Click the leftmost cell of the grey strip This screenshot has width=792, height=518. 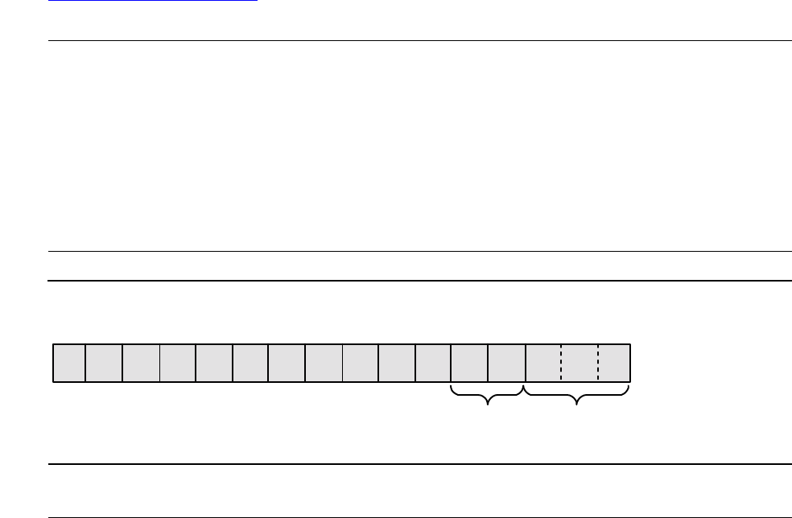(69, 363)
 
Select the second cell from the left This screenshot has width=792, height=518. (104, 363)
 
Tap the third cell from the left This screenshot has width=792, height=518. (141, 363)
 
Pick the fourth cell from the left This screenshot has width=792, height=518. (178, 363)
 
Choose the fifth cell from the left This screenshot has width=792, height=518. (214, 363)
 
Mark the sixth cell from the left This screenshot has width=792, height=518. (250, 363)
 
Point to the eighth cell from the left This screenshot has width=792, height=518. (324, 363)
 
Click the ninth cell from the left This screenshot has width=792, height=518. (361, 363)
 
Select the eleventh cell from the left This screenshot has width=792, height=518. (433, 363)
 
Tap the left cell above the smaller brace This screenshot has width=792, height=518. (469, 363)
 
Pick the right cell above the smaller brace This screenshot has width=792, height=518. (506, 363)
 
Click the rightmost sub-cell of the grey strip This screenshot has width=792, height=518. (613, 363)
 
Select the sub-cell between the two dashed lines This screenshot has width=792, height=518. (580, 363)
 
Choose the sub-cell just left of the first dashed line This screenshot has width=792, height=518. (542, 363)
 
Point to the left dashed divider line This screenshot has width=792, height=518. (561, 363)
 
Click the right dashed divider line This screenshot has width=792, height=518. (598, 363)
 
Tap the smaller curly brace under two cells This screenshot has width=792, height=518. (488, 394)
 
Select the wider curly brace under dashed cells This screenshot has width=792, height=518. (576, 394)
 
